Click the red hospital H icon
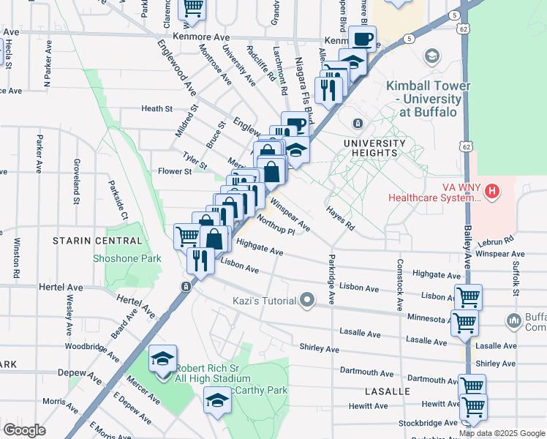point(493,192)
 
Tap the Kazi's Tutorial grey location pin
point(307,300)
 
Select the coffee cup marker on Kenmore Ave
point(362,39)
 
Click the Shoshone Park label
point(127,258)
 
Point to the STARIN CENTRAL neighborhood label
point(97,241)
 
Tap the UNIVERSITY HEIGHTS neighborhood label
point(369,148)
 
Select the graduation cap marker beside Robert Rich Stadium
point(163,359)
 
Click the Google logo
point(24,429)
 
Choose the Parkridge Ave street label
point(331,278)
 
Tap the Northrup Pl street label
point(275,225)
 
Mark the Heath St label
point(156,109)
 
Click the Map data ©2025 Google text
point(502,433)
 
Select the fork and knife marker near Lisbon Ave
point(200,259)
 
